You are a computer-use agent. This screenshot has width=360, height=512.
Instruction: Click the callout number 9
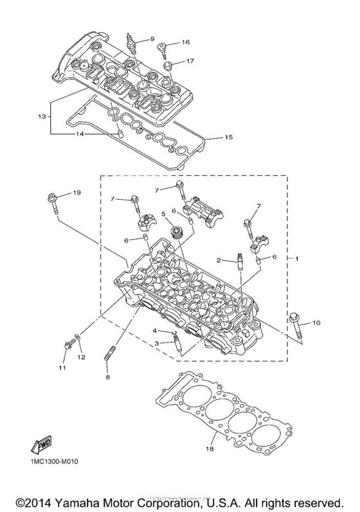(152, 39)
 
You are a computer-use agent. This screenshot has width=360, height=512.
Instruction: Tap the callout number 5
(164, 214)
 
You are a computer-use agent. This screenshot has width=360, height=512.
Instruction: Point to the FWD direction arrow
(40, 444)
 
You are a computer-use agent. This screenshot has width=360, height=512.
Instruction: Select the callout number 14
(81, 134)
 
